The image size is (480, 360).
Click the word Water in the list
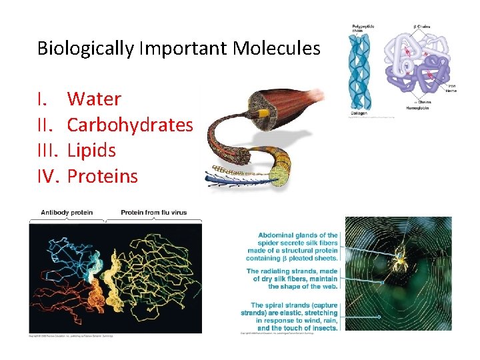94,99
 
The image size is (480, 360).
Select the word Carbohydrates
130,125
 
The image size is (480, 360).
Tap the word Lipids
92,151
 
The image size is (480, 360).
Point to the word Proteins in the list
103,176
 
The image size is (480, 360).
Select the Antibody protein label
66,213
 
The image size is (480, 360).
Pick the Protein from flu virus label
154,213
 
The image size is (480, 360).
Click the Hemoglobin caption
417,108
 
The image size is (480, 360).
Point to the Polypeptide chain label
363,29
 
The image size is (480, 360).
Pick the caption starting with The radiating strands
292,279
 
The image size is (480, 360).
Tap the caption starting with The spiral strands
292,317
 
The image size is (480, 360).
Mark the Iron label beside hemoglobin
451,85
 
